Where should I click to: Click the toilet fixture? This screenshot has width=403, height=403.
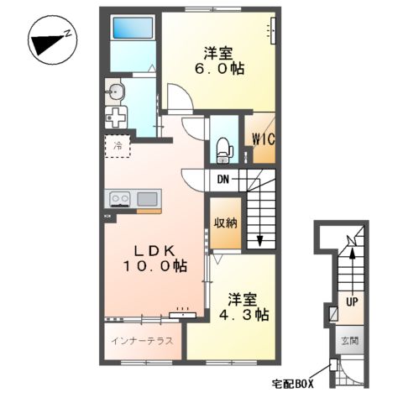click(222, 149)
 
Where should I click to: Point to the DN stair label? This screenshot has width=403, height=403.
click(223, 179)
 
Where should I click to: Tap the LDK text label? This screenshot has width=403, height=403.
click(152, 249)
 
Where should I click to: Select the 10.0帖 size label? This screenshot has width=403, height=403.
click(152, 266)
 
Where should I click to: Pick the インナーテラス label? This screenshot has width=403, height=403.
click(142, 341)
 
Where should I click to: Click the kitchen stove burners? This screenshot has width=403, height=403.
click(119, 199)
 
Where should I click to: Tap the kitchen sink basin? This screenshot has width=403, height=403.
click(148, 199)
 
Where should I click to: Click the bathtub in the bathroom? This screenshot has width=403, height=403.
click(130, 28)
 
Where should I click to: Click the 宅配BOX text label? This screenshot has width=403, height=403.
click(291, 384)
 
